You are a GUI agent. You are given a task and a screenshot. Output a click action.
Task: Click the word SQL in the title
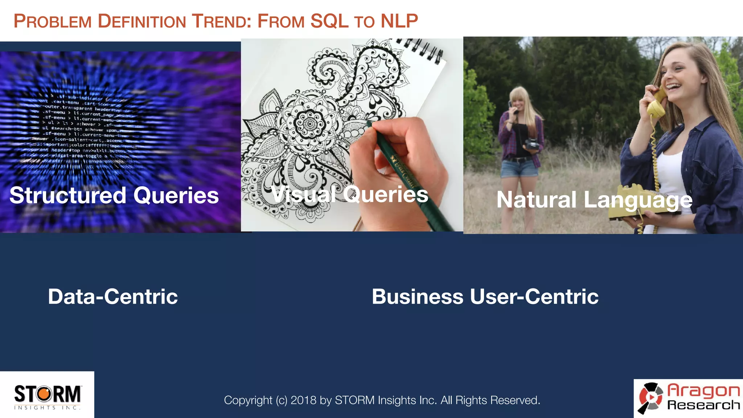(329, 21)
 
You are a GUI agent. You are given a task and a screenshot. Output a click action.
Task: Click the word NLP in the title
(399, 21)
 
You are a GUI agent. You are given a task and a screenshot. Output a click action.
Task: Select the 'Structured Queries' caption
(114, 195)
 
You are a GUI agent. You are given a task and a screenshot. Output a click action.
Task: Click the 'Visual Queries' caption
(349, 194)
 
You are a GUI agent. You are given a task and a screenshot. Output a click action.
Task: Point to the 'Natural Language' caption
(594, 200)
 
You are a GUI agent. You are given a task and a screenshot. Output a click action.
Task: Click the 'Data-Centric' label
(113, 296)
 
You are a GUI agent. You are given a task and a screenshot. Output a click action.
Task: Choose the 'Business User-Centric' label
(485, 296)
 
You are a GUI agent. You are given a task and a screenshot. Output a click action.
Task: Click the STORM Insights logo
(47, 396)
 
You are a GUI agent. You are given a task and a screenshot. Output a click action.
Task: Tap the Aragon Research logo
(689, 398)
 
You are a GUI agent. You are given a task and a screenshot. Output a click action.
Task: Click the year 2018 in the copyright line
(303, 400)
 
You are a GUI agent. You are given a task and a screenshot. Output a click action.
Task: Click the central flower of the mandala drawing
(309, 124)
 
